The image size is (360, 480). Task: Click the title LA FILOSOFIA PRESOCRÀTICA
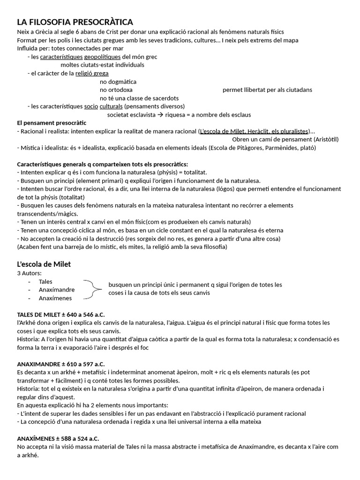pos(75,22)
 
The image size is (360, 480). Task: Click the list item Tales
pos(45,281)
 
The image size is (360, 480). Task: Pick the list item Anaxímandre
pos(57,290)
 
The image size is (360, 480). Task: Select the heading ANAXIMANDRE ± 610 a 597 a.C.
pos(61,364)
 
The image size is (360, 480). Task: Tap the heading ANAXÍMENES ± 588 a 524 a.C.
pos(58,438)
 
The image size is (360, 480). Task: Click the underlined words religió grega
pos(92,73)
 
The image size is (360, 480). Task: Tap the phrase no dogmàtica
pos(118,82)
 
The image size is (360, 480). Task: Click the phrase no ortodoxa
pos(116,90)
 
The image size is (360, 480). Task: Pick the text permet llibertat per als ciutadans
pos(267,90)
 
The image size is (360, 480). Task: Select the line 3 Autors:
pos(30,273)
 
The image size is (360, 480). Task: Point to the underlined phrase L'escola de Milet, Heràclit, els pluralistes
pos(254,131)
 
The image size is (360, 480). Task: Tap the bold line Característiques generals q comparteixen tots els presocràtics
pos(102,164)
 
